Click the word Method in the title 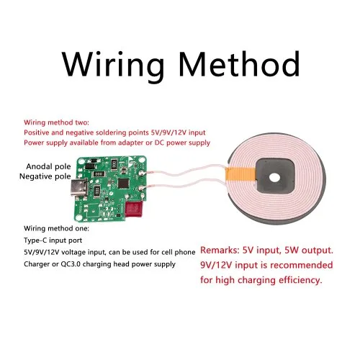[x=239, y=63]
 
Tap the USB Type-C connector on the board [x=79, y=188]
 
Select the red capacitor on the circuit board [x=134, y=209]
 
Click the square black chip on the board [x=124, y=183]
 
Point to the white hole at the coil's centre [x=274, y=177]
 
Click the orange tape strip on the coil [x=240, y=174]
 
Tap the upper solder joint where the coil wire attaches [x=141, y=172]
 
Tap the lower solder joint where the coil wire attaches [x=141, y=189]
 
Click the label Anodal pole [x=48, y=166]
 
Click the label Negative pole [x=45, y=176]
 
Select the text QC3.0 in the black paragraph [x=71, y=264]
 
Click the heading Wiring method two [x=56, y=122]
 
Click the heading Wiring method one [x=56, y=228]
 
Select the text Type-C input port [x=53, y=240]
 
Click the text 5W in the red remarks [x=292, y=250]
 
